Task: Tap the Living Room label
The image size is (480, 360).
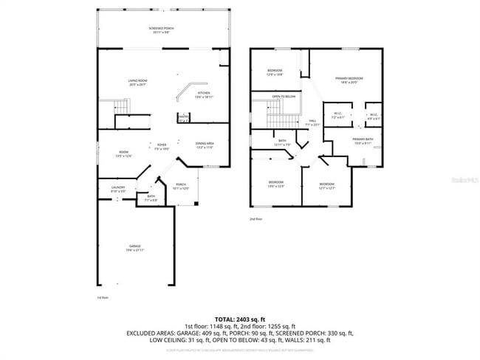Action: (137, 83)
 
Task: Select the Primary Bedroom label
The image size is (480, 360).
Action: (349, 79)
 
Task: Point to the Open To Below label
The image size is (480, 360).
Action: (284, 97)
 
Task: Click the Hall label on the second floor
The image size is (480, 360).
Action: (312, 122)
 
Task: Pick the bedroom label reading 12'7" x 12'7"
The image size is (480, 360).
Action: (327, 185)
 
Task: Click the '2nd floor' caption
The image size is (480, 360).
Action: (256, 219)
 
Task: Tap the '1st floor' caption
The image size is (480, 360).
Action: (103, 297)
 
